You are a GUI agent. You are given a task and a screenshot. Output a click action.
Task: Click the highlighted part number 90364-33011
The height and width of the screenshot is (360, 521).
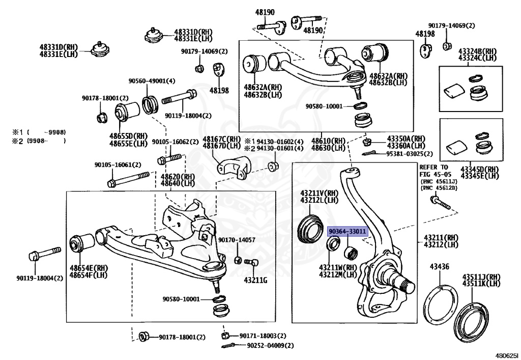(x=347, y=231)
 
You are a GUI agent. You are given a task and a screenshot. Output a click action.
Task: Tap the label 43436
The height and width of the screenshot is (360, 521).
(x=439, y=266)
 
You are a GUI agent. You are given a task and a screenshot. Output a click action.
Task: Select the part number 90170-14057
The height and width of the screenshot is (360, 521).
(x=237, y=240)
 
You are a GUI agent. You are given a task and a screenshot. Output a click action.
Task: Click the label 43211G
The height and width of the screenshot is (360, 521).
(x=255, y=280)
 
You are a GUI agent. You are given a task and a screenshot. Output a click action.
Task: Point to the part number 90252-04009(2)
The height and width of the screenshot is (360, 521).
(x=271, y=346)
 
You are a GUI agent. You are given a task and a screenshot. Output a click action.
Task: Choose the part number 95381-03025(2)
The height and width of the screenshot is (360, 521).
(x=410, y=154)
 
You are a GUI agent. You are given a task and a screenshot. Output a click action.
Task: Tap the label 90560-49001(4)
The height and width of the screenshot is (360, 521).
(x=152, y=81)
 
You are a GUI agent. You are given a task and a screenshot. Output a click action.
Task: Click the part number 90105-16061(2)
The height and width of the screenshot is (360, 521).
(x=118, y=165)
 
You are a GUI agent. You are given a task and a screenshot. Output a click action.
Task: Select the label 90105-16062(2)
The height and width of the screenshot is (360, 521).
(x=176, y=142)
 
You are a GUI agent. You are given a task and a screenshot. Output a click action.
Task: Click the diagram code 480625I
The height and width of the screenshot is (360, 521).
(x=507, y=355)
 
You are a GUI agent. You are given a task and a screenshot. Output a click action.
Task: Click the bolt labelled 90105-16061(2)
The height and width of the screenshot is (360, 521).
(x=128, y=178)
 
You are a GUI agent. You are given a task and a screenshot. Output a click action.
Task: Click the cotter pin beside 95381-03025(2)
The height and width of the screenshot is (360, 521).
(x=369, y=154)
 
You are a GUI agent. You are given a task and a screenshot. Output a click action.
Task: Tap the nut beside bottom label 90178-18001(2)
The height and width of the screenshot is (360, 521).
(x=144, y=336)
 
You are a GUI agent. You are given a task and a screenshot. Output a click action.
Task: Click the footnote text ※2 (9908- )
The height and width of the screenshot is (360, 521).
(x=39, y=141)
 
